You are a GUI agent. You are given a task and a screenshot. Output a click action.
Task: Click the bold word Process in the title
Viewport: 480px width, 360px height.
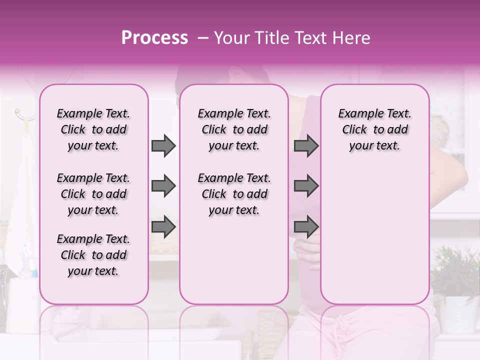tap(154, 38)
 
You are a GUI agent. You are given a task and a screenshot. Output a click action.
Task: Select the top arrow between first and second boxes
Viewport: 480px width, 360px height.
tap(163, 146)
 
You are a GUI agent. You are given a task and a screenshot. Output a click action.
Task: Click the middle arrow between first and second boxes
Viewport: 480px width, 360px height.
tap(163, 186)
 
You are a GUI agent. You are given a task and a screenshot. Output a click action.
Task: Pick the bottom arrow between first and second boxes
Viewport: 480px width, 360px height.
tap(163, 227)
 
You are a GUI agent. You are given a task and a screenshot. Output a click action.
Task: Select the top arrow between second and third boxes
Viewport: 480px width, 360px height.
tap(306, 146)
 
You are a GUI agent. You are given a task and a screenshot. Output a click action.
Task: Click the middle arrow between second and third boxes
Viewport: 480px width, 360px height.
tap(306, 186)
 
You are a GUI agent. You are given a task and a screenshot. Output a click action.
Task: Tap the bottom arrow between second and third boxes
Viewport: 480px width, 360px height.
tap(306, 227)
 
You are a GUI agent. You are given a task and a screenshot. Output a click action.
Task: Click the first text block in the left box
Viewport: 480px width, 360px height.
tap(93, 129)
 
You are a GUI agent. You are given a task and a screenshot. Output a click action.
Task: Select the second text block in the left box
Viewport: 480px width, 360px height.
tap(93, 194)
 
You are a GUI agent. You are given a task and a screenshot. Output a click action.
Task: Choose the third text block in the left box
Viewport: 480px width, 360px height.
tap(93, 255)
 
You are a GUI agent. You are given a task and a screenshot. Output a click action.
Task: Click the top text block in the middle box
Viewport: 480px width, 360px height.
tap(234, 129)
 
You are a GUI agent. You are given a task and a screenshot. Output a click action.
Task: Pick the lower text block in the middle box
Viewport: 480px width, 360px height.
tap(234, 194)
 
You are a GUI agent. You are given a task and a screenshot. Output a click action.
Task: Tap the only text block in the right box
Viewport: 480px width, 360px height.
tap(375, 129)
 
